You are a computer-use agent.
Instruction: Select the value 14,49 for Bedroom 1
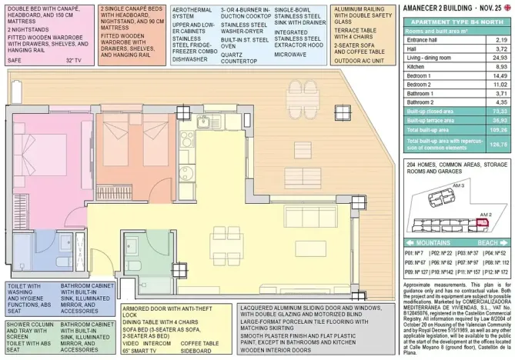pyautogui.click(x=500, y=76)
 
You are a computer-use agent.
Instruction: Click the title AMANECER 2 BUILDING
pyautogui.click(x=440, y=7)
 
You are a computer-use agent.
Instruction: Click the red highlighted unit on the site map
pyautogui.click(x=483, y=223)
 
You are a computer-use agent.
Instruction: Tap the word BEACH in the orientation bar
pyautogui.click(x=487, y=242)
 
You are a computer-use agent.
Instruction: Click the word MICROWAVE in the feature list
pyautogui.click(x=290, y=55)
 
